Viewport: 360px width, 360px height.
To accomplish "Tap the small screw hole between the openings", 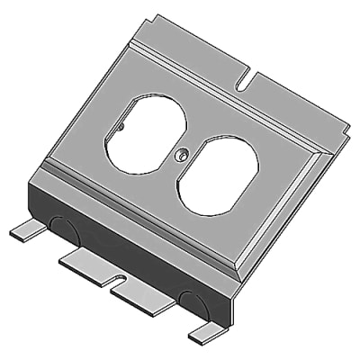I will pos(181,156).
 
